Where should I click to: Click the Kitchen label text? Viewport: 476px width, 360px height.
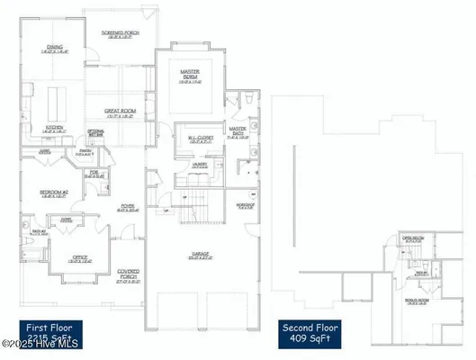coord(53,129)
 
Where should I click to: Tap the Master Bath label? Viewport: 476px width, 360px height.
coord(238,132)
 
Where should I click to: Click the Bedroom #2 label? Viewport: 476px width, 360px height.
coord(54,192)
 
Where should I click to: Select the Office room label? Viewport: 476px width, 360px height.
coord(81,259)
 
